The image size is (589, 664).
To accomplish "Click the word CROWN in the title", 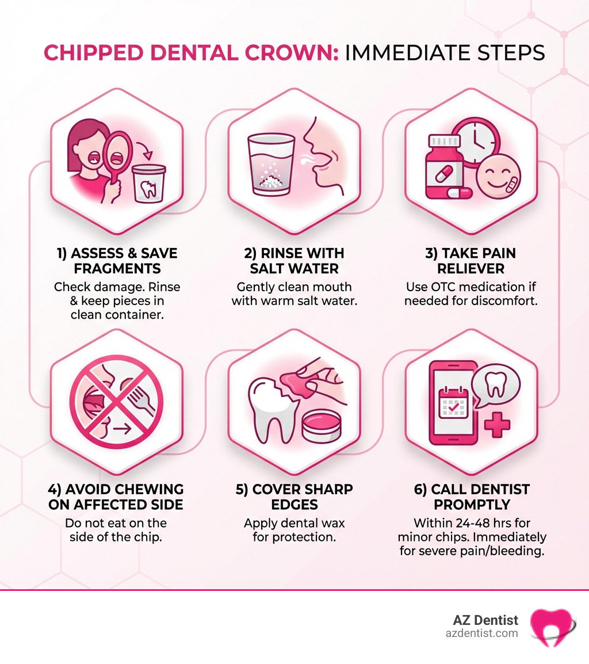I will pos(286,53).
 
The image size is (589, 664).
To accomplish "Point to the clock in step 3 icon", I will pos(475,143).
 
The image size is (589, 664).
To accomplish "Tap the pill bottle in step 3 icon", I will pos(443,167).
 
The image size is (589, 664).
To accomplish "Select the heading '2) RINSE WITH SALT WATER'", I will pos(294,261).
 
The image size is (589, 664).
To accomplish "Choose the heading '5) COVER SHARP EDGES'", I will pos(294,497).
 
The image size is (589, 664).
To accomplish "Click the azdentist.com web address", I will pos(481,633).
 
